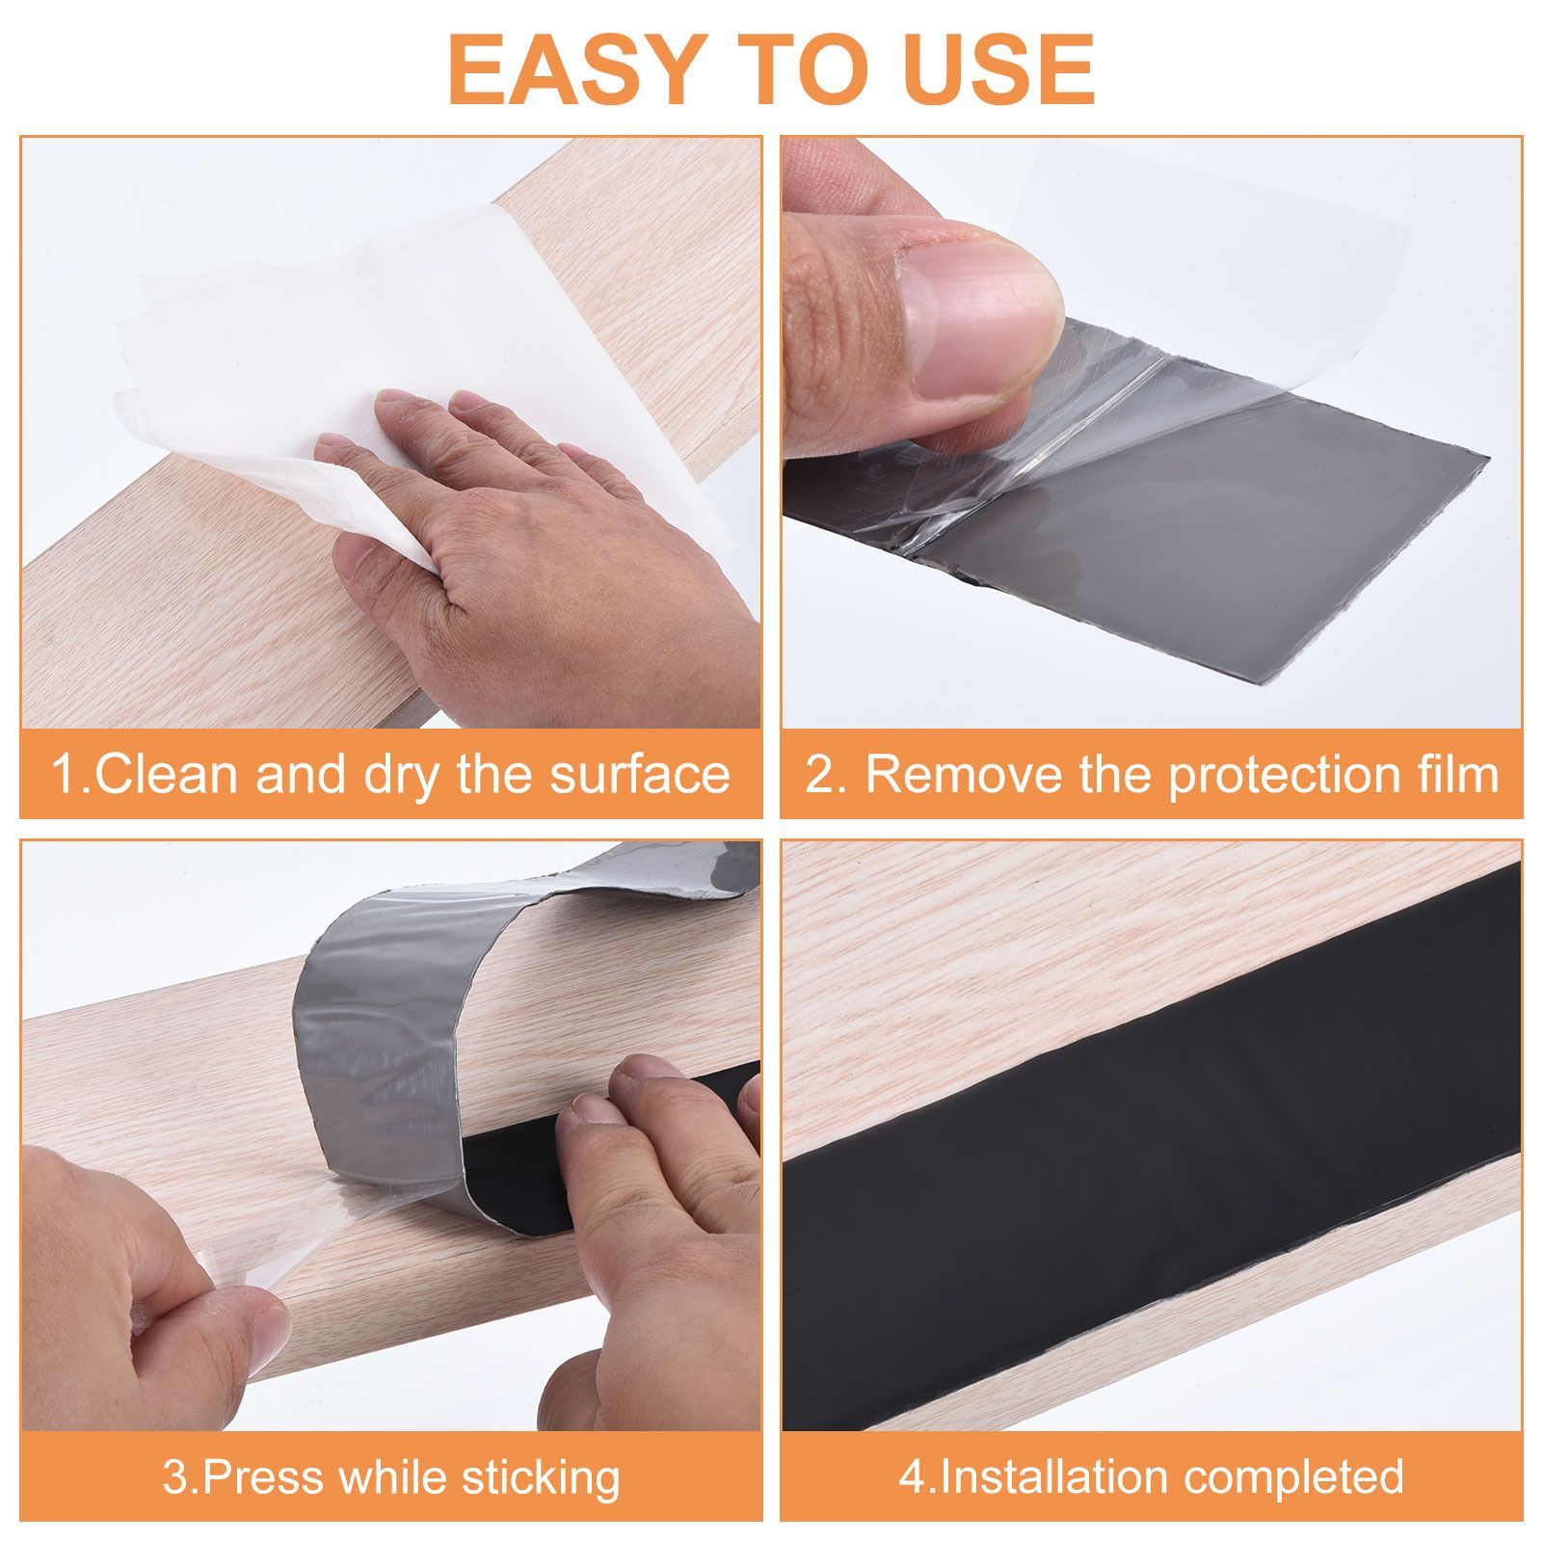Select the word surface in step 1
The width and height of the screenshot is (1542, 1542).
(640, 776)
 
